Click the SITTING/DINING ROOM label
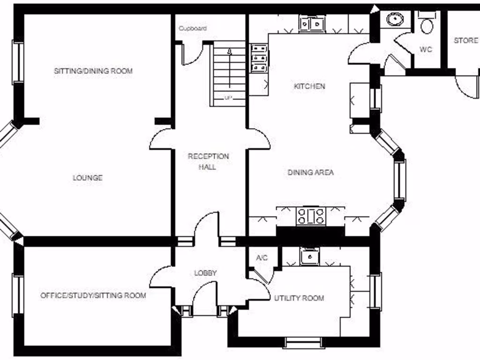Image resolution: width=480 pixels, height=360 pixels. pyautogui.click(x=93, y=71)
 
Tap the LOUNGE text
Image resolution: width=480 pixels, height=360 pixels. pyautogui.click(x=88, y=178)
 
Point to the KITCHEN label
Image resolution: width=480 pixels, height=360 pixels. pyautogui.click(x=309, y=86)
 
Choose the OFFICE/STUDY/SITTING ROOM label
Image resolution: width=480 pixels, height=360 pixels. pyautogui.click(x=93, y=296)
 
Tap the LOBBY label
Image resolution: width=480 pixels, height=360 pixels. pyautogui.click(x=206, y=273)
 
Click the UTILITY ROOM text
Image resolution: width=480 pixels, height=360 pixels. pyautogui.click(x=299, y=298)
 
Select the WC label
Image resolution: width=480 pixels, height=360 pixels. pyautogui.click(x=426, y=49)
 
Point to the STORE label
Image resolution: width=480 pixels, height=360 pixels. pyautogui.click(x=466, y=41)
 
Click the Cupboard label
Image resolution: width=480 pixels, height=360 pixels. pyautogui.click(x=193, y=29)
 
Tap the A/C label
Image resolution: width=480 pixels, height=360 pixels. pyautogui.click(x=262, y=258)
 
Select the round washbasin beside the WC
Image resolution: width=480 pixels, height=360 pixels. pyautogui.click(x=395, y=19)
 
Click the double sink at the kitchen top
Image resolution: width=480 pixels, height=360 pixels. pyautogui.click(x=312, y=23)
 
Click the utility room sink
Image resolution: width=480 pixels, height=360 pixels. pyautogui.click(x=310, y=256)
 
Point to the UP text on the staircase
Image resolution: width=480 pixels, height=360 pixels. pyautogui.click(x=228, y=98)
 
